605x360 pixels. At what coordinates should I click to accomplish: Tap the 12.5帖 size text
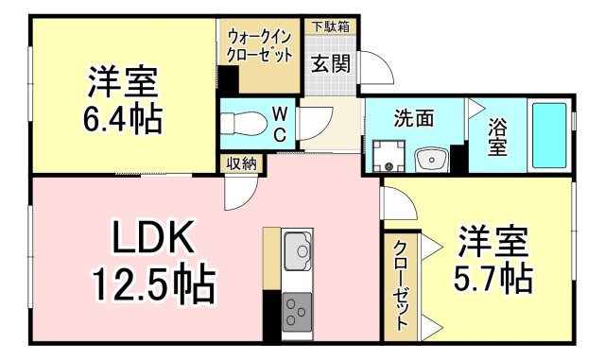151,283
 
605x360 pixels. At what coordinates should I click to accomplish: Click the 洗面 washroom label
414,119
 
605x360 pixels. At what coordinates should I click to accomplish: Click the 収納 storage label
241,163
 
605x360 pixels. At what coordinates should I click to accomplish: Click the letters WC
281,123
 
